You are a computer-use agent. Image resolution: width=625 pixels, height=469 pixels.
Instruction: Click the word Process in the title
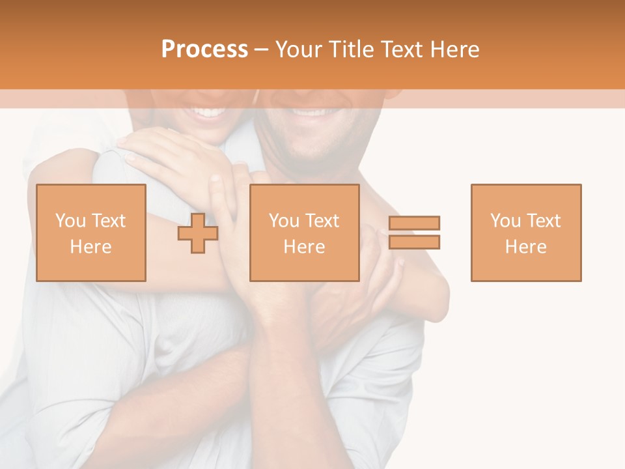point(204,50)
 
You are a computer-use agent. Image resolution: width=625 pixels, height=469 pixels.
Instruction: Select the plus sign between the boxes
point(198,233)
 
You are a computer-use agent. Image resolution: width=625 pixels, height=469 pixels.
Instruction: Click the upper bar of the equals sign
point(414,223)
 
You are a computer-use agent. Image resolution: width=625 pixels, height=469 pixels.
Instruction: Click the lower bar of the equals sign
point(414,242)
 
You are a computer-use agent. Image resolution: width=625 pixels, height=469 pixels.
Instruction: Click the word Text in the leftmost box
point(109,221)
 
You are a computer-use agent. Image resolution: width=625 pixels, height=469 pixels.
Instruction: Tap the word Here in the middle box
point(304,247)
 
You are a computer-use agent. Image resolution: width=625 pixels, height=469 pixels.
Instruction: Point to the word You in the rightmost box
point(505,221)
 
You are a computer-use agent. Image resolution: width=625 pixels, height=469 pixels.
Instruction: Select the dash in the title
point(261,50)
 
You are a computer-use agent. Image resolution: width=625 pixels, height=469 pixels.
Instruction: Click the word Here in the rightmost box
point(525,247)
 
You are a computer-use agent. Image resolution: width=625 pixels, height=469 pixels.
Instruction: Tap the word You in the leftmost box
point(70,221)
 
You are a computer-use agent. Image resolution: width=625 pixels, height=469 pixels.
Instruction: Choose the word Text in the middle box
point(323,221)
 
